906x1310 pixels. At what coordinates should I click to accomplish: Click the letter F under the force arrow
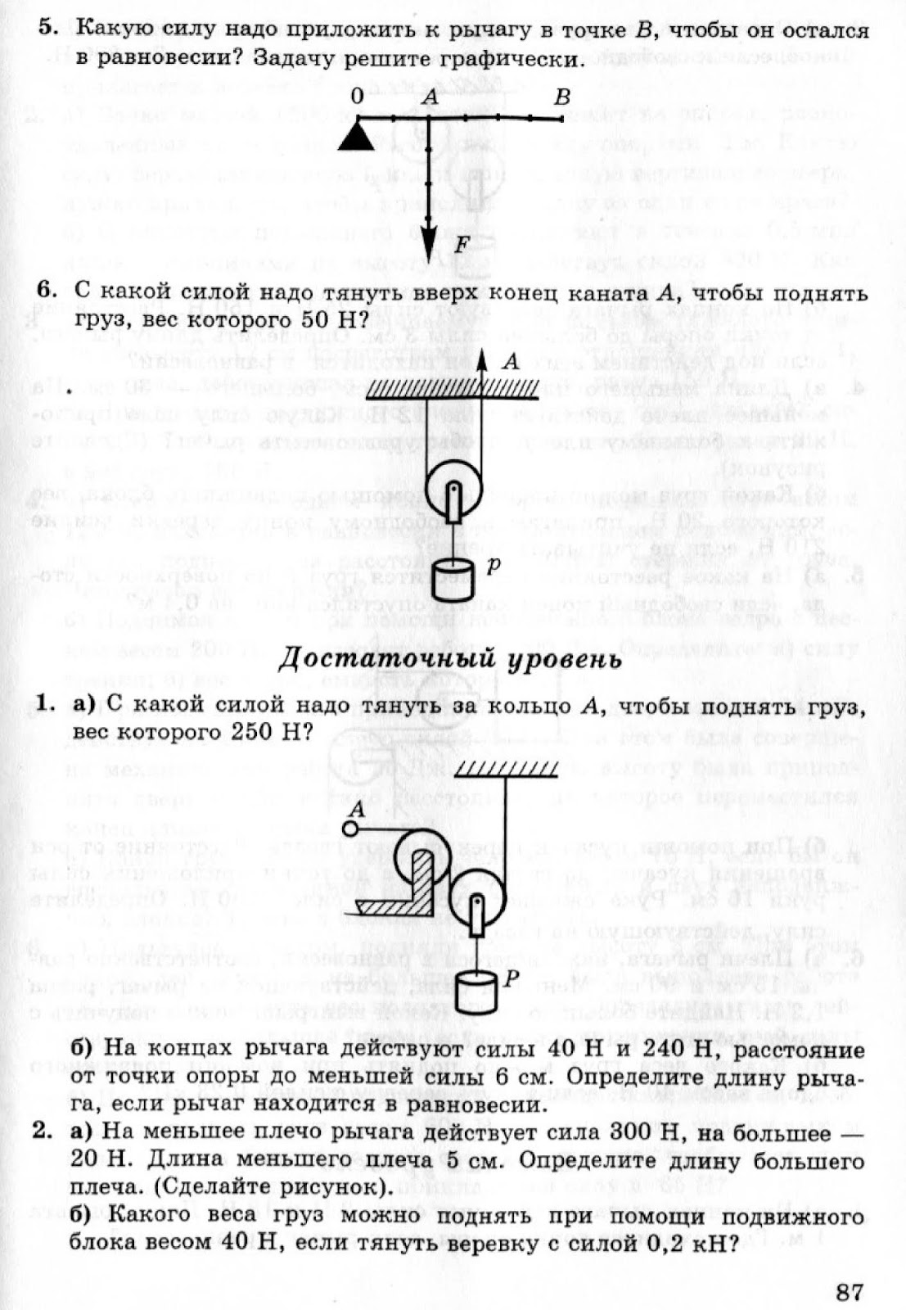point(461,244)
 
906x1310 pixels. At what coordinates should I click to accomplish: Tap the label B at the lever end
point(561,97)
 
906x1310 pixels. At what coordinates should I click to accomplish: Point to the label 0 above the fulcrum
point(356,97)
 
